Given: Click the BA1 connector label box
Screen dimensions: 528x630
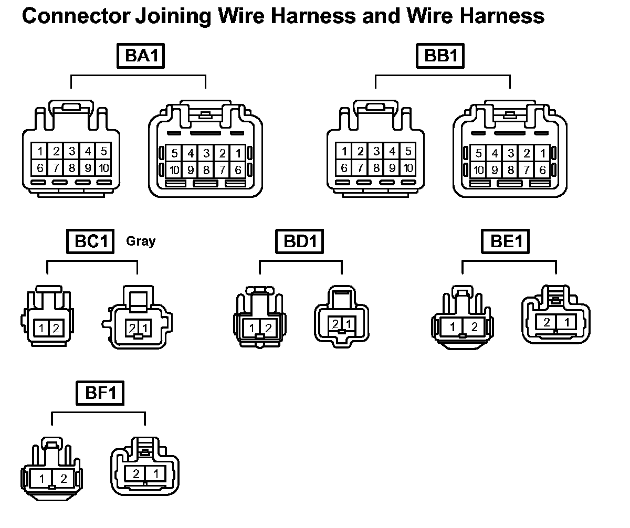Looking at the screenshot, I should (141, 56).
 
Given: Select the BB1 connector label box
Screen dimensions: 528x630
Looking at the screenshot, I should (440, 56).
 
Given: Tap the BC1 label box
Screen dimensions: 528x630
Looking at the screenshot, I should (90, 242).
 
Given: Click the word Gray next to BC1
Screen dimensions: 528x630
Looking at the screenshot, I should (141, 241).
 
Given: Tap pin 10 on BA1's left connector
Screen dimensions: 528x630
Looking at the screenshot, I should (103, 168).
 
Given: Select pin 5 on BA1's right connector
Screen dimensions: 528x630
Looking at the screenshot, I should (174, 154).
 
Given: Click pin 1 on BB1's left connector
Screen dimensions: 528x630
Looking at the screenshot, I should (344, 152).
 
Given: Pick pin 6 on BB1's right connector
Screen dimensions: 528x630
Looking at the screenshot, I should (542, 170).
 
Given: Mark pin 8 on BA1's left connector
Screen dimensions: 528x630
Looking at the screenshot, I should (72, 168).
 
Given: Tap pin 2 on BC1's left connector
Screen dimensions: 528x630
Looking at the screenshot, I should (56, 329).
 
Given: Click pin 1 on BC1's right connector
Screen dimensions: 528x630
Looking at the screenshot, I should (144, 329).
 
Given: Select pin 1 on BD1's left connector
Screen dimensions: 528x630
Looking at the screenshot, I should (253, 329).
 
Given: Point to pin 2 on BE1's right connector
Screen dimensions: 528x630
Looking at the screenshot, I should (547, 322).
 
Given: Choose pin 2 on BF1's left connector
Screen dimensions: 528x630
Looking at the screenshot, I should (64, 479).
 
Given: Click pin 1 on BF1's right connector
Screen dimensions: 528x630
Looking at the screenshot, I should (155, 474).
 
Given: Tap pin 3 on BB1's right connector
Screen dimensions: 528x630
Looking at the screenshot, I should (511, 154).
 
